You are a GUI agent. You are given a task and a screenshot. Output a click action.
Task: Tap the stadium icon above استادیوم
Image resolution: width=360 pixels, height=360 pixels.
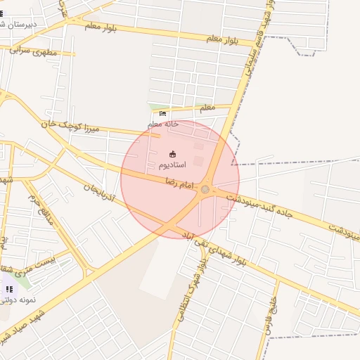173,153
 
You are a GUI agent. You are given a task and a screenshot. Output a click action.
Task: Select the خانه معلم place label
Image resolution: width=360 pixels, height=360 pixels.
163,124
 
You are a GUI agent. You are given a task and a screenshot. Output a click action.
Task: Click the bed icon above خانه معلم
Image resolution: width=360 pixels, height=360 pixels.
163,114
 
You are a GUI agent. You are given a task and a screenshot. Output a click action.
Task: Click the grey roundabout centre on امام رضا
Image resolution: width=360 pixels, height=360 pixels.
205,189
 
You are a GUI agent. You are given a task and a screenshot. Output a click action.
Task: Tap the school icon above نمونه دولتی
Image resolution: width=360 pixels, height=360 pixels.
9,289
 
